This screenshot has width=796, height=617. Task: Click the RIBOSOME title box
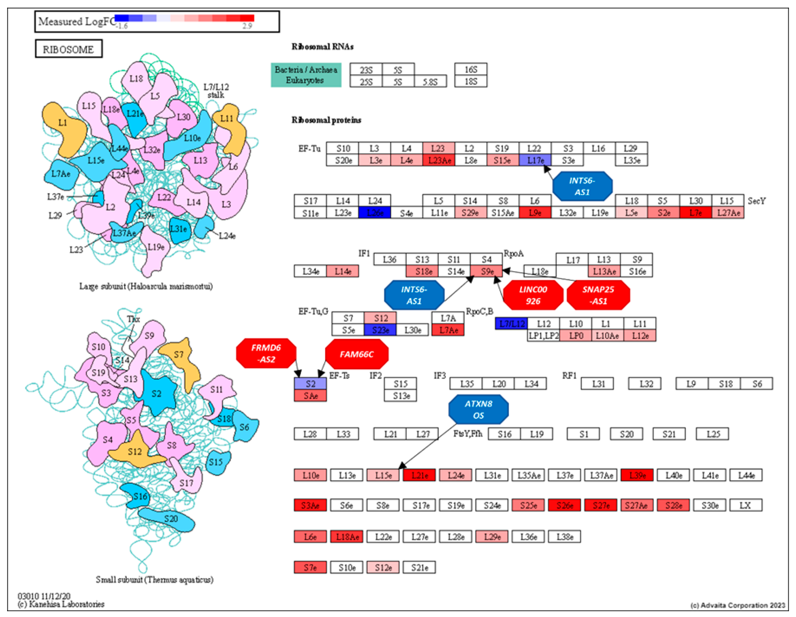click(x=68, y=49)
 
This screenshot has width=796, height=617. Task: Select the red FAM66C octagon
click(x=357, y=354)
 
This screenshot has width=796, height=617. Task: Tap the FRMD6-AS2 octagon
click(x=266, y=353)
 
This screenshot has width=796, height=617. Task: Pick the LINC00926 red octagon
click(x=533, y=295)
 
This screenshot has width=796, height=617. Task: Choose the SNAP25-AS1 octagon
click(x=598, y=295)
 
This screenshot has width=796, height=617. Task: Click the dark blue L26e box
click(x=375, y=213)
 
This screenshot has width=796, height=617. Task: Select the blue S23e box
click(x=380, y=330)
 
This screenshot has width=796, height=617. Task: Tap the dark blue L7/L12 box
click(x=511, y=324)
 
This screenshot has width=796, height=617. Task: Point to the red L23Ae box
click(x=439, y=160)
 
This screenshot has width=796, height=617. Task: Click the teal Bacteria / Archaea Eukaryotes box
click(x=306, y=75)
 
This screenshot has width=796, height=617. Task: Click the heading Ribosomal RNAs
click(x=322, y=47)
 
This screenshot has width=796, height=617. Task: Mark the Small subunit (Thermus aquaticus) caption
click(x=154, y=579)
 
